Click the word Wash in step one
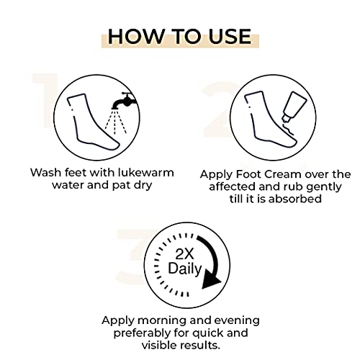pos(45,173)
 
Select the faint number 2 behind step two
pos(216,108)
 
